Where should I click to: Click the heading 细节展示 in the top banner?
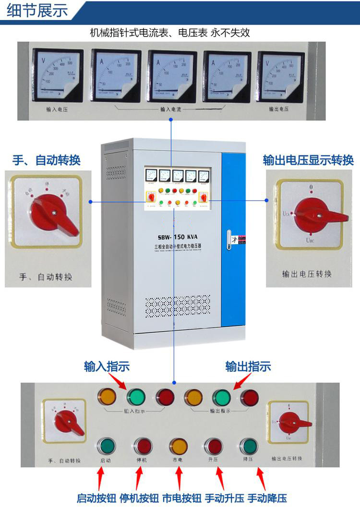(37, 11)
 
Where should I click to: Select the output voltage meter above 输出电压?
(281, 77)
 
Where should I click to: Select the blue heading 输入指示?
(107, 367)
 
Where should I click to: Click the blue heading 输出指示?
(248, 367)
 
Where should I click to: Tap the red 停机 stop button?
(144, 446)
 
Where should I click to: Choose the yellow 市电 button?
(179, 446)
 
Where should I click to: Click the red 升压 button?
(214, 446)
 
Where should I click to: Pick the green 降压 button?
(249, 446)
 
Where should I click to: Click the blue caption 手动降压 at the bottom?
(267, 498)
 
